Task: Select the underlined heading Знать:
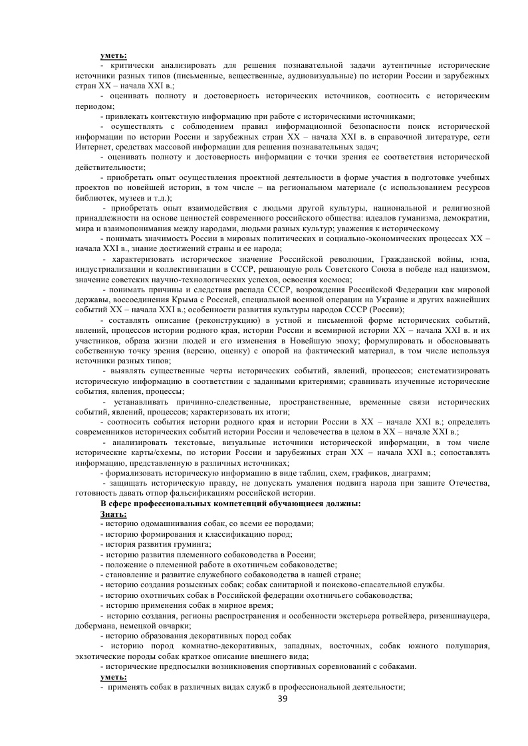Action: [x=113, y=514]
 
